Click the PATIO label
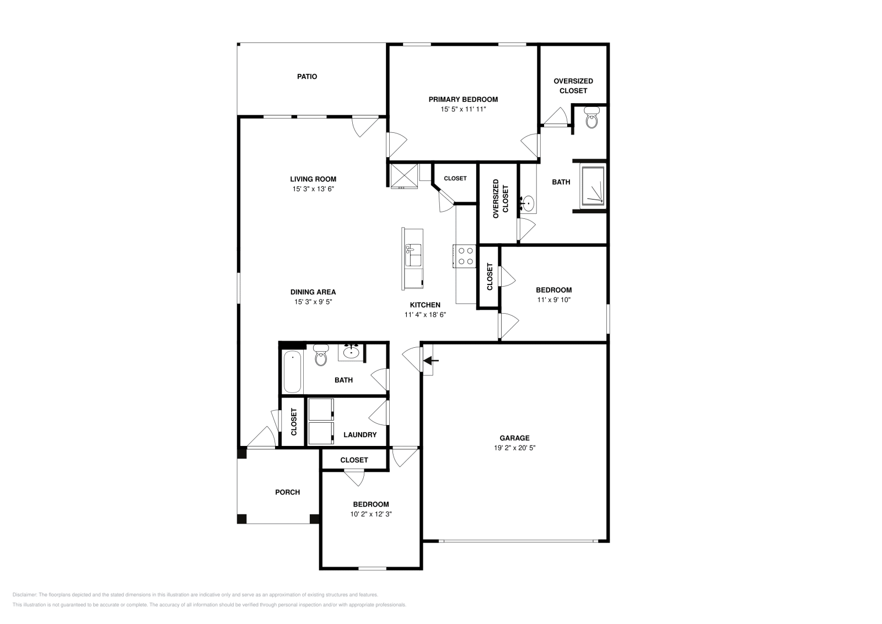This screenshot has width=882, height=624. pos(307,77)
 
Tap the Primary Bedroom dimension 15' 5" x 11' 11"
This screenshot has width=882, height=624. pos(463,110)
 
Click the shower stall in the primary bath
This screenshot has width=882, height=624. pos(593,186)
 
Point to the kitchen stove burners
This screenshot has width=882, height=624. pos(465,256)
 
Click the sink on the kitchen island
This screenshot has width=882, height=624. pos(413,256)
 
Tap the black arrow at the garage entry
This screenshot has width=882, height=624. pos(431,361)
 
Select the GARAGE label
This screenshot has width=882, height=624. pos(515,438)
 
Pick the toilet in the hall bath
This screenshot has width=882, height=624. pos(320,356)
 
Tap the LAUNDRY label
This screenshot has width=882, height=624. pos(360,435)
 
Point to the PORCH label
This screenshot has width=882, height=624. pos(287,492)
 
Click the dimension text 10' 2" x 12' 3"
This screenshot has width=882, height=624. pos(370,514)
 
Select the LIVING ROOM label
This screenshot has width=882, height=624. pos(313,179)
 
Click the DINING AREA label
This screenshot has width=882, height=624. pos(313,292)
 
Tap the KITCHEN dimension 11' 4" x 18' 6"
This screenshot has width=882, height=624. pos(424,315)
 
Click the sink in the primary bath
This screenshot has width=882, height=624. pos(528,203)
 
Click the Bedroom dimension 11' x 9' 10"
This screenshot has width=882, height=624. pos(553,300)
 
